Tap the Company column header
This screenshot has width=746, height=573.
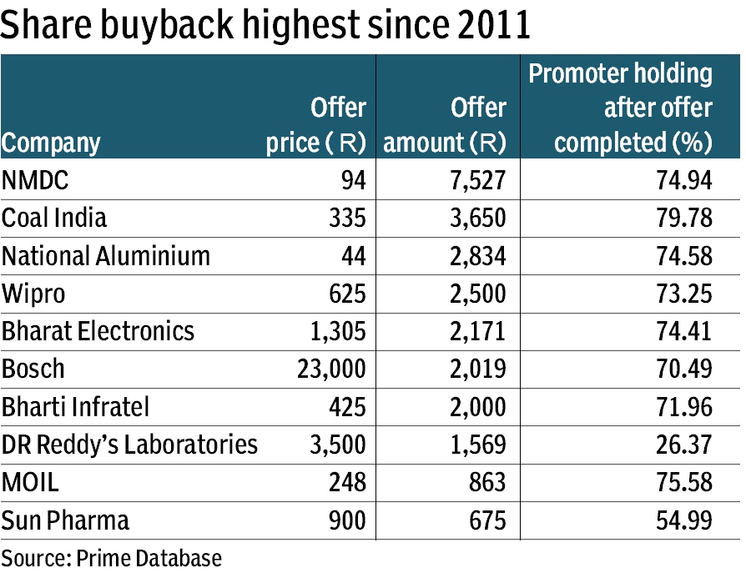[51, 143]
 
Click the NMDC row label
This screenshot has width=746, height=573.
[30, 180]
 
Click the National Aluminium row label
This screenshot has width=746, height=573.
[106, 255]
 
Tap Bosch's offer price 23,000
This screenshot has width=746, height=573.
[331, 369]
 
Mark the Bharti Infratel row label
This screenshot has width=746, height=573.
[76, 407]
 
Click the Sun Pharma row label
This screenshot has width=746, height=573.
[66, 520]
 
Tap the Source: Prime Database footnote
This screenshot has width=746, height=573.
[112, 557]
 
